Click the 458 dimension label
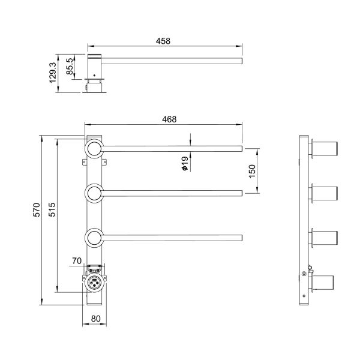point(163,41)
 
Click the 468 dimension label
point(169,119)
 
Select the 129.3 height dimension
point(52,73)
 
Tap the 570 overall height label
point(37,209)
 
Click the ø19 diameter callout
point(185,164)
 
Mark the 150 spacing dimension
point(253,170)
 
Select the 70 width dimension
point(76,261)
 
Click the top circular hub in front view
point(94,148)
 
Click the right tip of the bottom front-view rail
point(241,238)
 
